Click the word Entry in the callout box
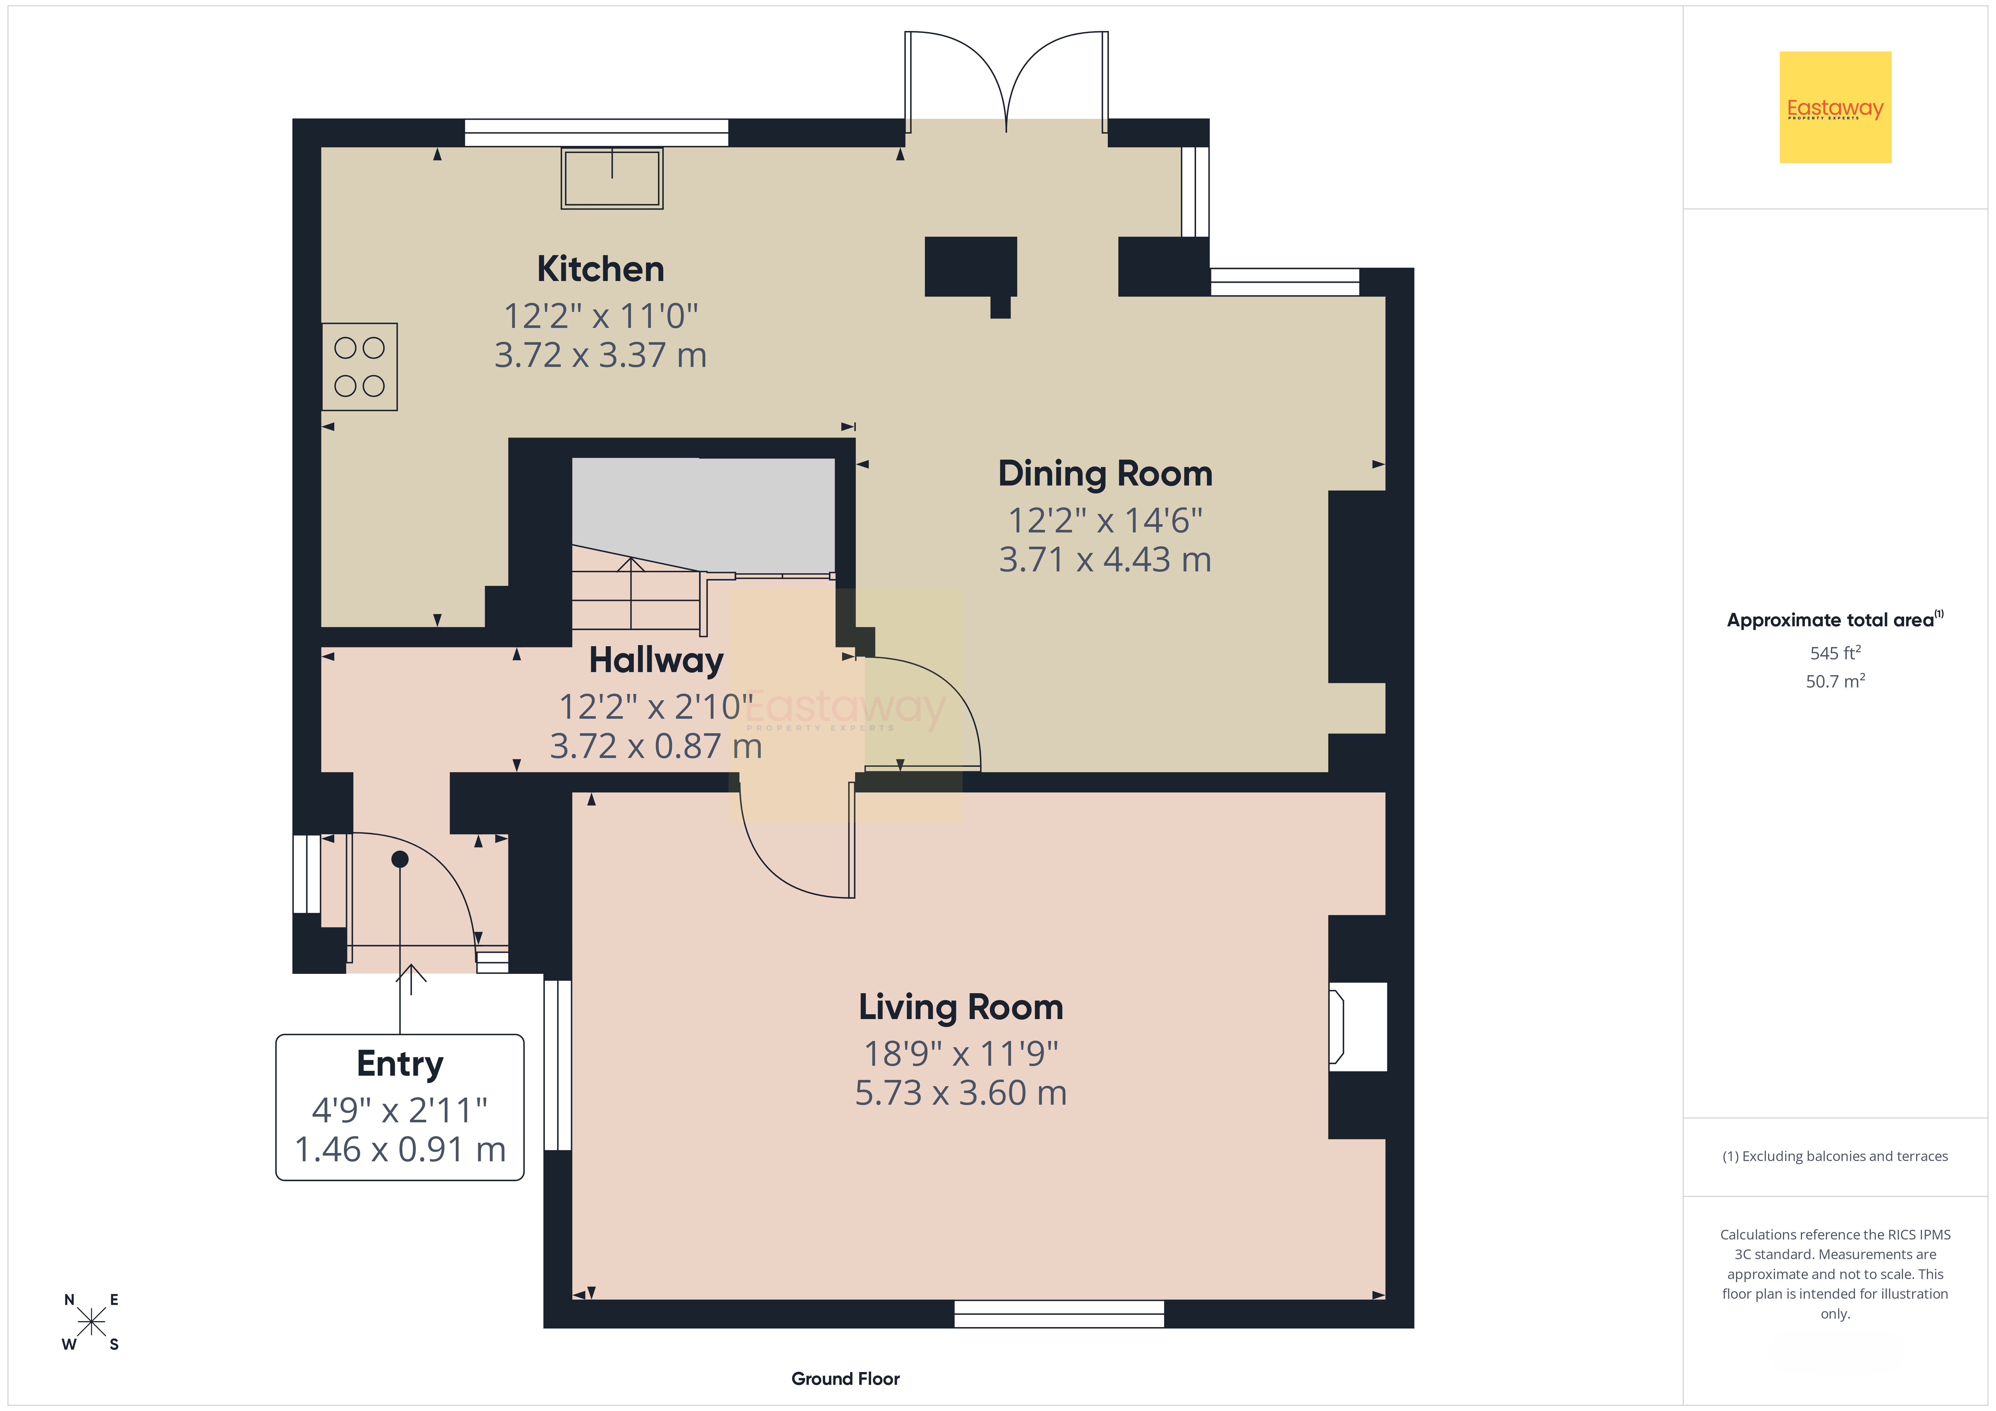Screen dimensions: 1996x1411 (400, 1064)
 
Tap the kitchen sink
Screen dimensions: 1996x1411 (612, 178)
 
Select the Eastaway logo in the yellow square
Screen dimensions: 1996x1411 (1835, 108)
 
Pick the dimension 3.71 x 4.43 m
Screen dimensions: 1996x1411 (1105, 560)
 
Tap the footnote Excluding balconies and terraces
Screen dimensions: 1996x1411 (1835, 1156)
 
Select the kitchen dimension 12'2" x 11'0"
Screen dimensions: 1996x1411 (601, 317)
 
